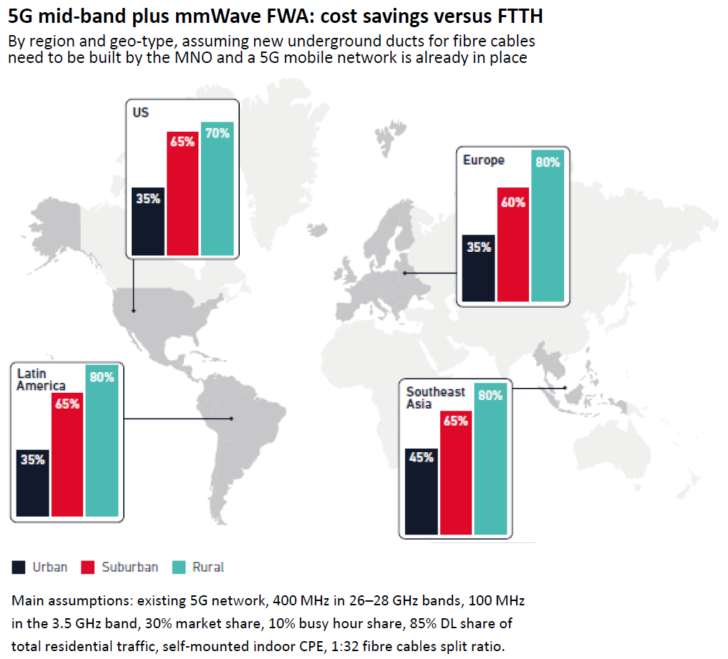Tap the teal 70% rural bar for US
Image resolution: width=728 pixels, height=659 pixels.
217,189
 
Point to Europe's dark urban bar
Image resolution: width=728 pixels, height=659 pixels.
479,268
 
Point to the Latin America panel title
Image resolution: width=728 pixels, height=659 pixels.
41,380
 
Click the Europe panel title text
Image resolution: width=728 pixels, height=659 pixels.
483,160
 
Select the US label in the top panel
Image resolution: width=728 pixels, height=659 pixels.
140,112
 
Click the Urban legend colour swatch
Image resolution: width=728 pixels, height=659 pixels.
18,567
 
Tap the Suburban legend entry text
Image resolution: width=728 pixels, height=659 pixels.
130,567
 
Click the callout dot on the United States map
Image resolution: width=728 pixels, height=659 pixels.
134,311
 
